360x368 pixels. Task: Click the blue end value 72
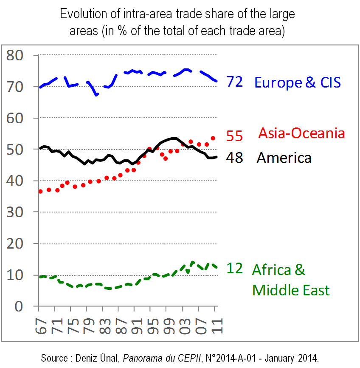234,82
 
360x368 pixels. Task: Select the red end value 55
234,136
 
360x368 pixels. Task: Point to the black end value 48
234,158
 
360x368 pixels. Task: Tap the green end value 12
234,269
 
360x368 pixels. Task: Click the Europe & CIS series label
297,82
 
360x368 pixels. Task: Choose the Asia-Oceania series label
301,133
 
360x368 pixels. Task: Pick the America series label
284,158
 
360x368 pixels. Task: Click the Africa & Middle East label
290,280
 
